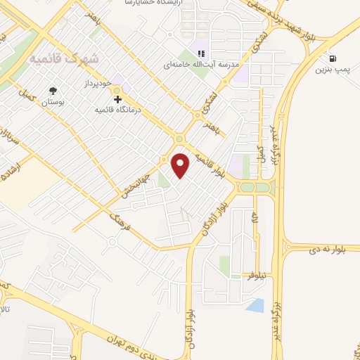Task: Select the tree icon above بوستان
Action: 53,91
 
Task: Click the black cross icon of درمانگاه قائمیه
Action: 117,99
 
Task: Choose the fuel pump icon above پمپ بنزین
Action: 331,59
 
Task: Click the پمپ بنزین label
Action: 331,70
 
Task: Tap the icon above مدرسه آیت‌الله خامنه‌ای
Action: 200,53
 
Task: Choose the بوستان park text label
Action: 53,103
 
